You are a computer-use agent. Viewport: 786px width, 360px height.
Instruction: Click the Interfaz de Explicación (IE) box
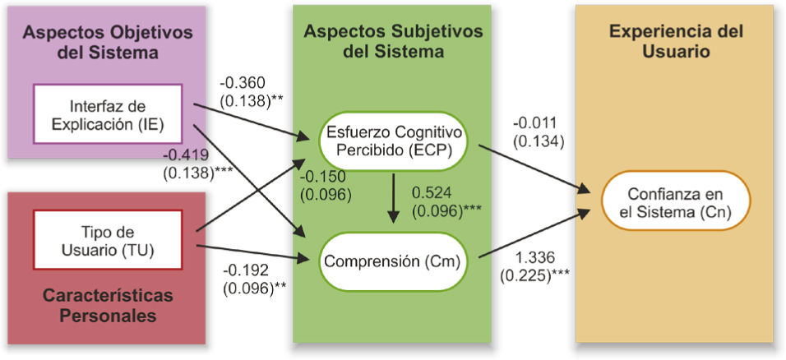pyautogui.click(x=107, y=114)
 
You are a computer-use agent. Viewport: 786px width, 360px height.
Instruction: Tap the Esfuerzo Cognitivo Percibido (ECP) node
pyautogui.click(x=393, y=141)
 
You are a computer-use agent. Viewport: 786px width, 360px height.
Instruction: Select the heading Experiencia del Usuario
pyautogui.click(x=676, y=41)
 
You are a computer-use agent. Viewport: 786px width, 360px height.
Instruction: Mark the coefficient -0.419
pyautogui.click(x=185, y=154)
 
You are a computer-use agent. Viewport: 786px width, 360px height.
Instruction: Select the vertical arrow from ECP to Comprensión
pyautogui.click(x=393, y=197)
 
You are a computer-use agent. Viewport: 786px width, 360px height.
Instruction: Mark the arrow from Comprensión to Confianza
pyautogui.click(x=534, y=235)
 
